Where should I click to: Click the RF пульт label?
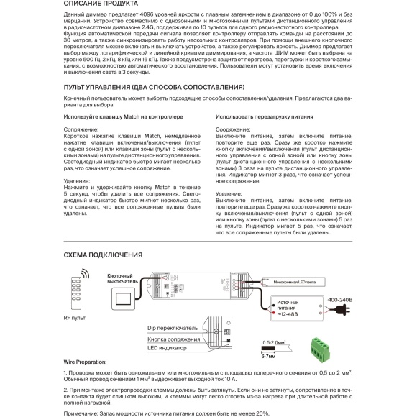point(75,316)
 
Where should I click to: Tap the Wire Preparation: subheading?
point(85,363)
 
